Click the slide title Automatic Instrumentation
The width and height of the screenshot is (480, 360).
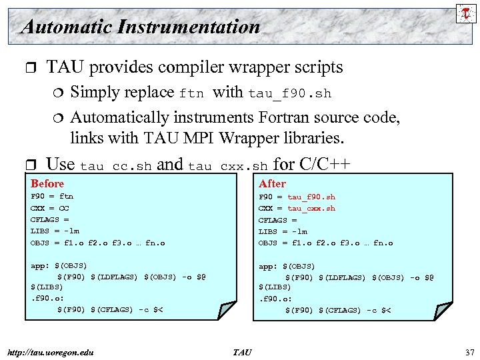point(140,27)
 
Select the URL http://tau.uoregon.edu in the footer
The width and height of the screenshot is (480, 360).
point(50,352)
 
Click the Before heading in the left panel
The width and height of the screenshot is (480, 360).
point(47,183)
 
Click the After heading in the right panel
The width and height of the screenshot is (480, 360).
point(272,183)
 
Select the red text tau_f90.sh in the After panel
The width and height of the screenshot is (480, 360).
point(311,197)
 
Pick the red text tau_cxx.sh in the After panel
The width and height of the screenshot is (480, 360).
point(311,208)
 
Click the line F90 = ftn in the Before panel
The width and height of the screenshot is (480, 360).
point(52,197)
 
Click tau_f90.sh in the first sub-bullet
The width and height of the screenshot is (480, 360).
point(290,93)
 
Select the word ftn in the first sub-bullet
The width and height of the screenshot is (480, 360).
point(191,93)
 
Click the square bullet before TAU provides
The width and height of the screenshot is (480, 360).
point(27,67)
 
